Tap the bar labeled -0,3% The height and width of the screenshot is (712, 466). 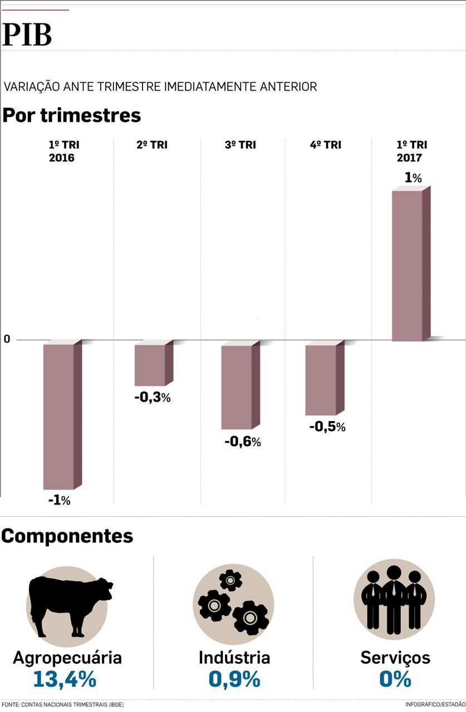point(150,365)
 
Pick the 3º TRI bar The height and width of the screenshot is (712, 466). point(237,387)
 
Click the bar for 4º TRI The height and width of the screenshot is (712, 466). point(321,380)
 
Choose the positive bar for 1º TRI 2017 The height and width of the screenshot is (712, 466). point(408,266)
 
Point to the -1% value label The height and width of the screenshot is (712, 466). point(59,500)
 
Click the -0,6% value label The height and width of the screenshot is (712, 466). point(243,442)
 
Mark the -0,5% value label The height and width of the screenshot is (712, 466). point(327,427)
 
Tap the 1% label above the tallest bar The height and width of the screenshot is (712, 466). point(413,178)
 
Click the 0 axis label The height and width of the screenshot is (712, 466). point(7,339)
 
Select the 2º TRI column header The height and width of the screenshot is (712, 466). point(152,145)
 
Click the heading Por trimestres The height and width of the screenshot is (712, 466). point(72,116)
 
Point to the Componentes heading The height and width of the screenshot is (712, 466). point(67,536)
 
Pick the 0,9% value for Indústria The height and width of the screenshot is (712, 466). point(234,679)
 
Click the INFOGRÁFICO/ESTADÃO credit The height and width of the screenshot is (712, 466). point(435,704)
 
